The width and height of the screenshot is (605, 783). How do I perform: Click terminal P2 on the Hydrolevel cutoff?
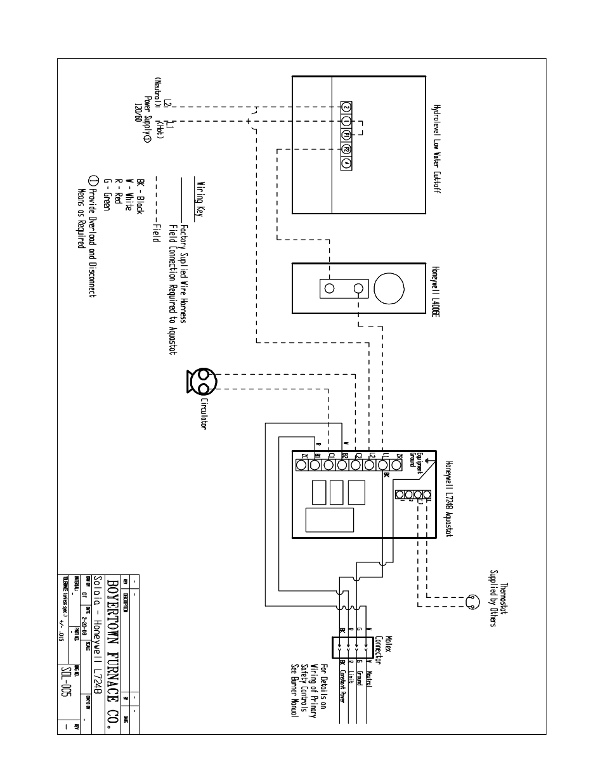coord(346,149)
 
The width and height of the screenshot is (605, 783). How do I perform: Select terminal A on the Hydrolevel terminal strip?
coord(346,164)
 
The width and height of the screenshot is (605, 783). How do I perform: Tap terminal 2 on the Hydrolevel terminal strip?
coord(346,107)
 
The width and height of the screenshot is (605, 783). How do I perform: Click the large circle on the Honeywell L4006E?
coord(388,288)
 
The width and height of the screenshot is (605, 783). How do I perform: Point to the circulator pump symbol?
coord(202,382)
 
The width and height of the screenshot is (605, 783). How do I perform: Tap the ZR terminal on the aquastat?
coord(396,465)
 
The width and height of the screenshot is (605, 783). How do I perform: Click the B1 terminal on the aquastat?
coord(315,465)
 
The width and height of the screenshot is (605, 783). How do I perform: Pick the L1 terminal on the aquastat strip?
coord(383,465)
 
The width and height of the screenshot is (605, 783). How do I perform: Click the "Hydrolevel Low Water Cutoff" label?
coord(436,149)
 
